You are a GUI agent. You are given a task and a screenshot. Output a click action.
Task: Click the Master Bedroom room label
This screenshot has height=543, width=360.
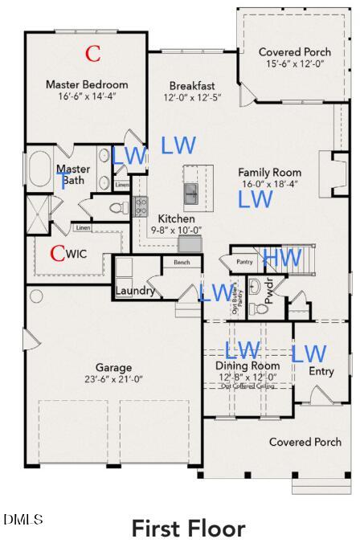tap(86, 84)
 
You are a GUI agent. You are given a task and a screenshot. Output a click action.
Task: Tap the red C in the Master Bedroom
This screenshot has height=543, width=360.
tap(93, 54)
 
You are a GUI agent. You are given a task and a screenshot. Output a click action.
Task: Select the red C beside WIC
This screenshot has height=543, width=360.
tap(57, 254)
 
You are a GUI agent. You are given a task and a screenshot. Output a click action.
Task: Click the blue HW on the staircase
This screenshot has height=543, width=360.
tap(282, 258)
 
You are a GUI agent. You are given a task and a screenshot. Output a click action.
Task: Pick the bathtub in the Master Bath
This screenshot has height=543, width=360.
tap(40, 169)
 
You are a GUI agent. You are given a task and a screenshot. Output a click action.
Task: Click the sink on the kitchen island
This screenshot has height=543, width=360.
tap(191, 194)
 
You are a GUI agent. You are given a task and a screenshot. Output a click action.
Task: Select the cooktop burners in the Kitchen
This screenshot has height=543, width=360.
tap(141, 206)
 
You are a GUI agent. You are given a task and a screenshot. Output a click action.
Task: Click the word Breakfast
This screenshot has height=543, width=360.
tap(192, 86)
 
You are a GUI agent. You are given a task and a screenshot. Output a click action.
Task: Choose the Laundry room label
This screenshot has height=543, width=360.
tap(135, 291)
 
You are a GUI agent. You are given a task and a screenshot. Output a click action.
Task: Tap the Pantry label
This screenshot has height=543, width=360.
tap(244, 262)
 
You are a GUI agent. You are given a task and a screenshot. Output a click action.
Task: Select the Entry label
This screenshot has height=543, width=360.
tap(321, 371)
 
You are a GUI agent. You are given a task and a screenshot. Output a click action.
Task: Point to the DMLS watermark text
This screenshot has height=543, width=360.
tap(23, 520)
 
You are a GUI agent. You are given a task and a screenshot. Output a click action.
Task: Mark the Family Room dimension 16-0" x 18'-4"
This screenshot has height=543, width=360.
tap(269, 184)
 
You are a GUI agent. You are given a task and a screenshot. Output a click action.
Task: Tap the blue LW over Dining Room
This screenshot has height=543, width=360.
tap(242, 350)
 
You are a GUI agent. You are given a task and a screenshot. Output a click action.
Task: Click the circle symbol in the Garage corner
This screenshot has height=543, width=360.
tap(36, 296)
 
